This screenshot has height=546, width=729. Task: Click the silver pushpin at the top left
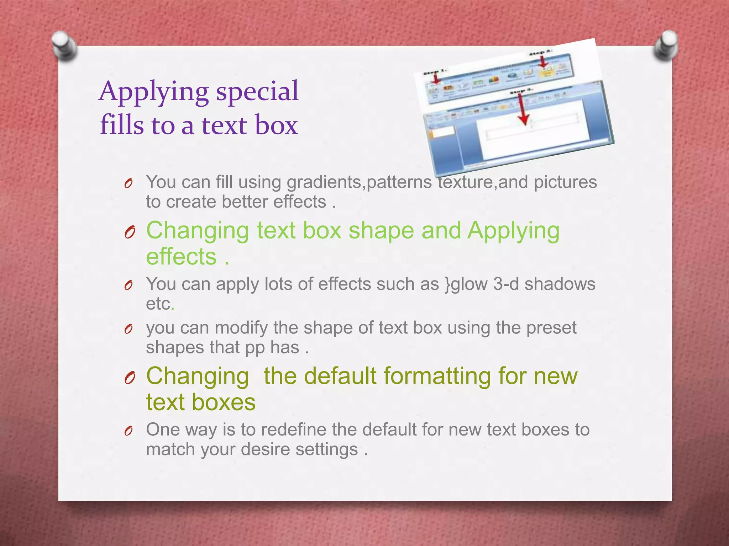pos(64,45)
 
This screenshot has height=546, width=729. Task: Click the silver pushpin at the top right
pos(665,45)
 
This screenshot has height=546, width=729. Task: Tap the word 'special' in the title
pos(257,91)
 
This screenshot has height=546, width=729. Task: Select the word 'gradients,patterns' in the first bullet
pos(359,182)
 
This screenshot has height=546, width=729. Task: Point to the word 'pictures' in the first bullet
pos(565,182)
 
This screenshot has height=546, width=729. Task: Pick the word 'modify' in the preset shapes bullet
pos(241,328)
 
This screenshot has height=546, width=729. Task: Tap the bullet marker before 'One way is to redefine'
pos(129,431)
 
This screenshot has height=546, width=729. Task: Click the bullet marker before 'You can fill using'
pos(129,184)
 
